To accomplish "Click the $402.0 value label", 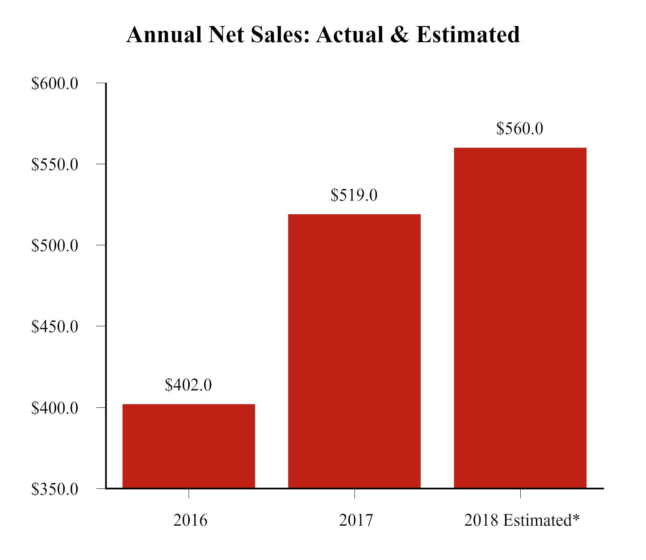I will pos(188,385).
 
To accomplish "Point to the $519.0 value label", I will pos(354,195).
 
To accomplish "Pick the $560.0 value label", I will pos(519,129).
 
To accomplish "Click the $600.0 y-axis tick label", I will pos(55,84).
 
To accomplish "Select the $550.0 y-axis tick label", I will pos(55,165).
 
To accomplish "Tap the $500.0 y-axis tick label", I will pos(55,246).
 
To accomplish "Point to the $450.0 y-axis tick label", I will pos(55,327).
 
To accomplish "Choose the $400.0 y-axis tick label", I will pos(55,408).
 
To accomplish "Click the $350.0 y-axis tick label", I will pos(55,489).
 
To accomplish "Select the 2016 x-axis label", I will pos(190,520).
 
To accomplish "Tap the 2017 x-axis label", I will pos(356,520).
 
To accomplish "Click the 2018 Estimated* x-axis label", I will pos(522,520).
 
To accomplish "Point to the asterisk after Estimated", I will pos(576,517).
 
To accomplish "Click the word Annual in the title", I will pos(164,34).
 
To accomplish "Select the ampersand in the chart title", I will pos(400,34).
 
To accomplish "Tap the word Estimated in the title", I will pos(468,34).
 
